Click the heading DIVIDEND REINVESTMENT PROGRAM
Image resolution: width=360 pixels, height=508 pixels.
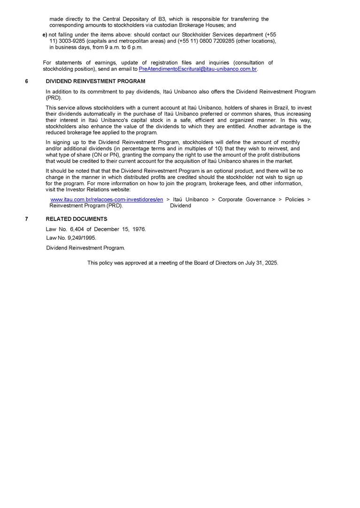coord(95,81)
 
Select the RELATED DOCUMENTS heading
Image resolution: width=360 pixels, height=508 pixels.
coord(77,219)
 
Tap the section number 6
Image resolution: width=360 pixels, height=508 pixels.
coord(27,81)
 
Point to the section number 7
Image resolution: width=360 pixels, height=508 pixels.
coord(27,219)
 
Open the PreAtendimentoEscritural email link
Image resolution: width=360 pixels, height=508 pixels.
coord(198,69)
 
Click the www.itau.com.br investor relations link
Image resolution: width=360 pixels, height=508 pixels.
coord(107,199)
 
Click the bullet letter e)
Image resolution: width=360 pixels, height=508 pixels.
coord(45,35)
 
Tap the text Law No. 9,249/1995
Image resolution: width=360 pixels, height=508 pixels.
coord(71,238)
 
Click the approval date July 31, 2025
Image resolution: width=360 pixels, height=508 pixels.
coord(261,263)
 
